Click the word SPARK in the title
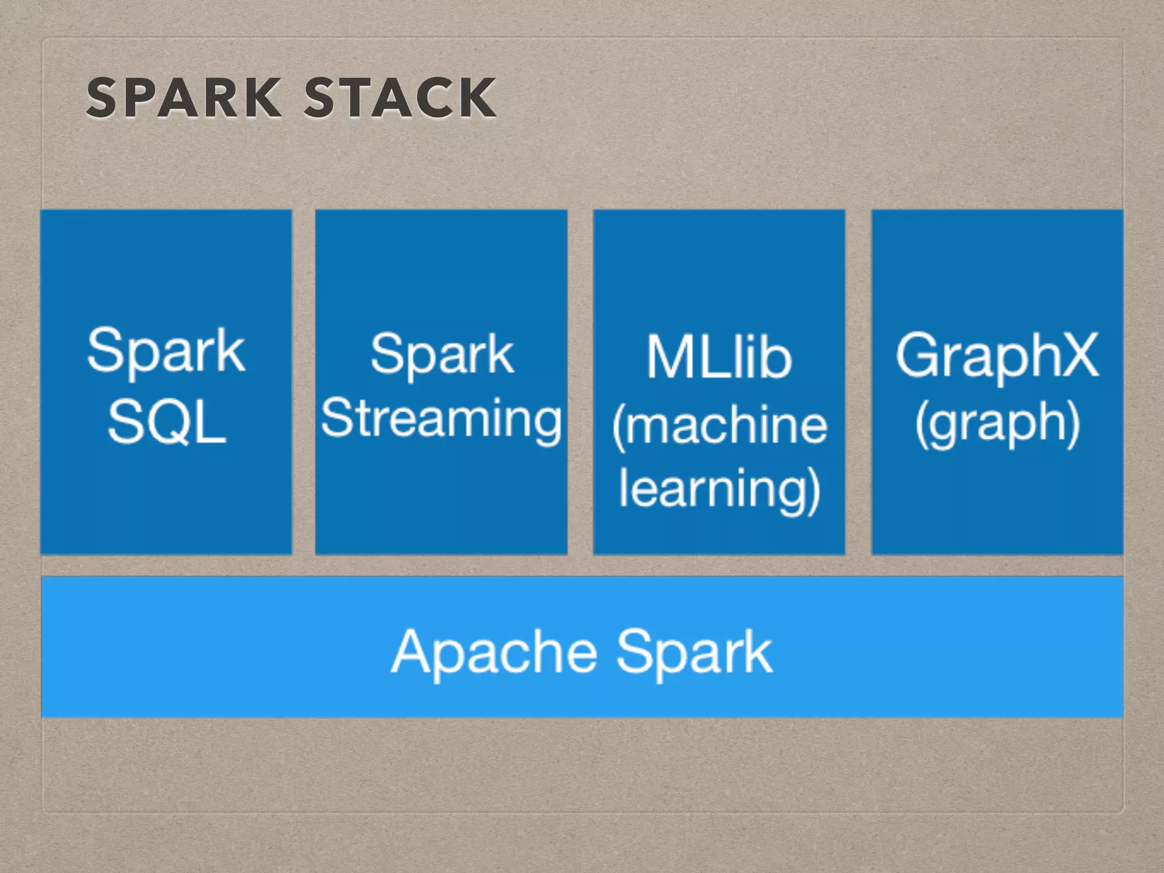(x=183, y=98)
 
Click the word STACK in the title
(x=400, y=98)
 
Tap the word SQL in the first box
(x=167, y=422)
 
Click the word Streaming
(x=441, y=419)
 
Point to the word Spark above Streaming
(x=442, y=355)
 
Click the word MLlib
(x=719, y=356)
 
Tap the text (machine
(x=719, y=425)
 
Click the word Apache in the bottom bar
(x=494, y=652)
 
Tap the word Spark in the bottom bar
(x=695, y=652)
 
